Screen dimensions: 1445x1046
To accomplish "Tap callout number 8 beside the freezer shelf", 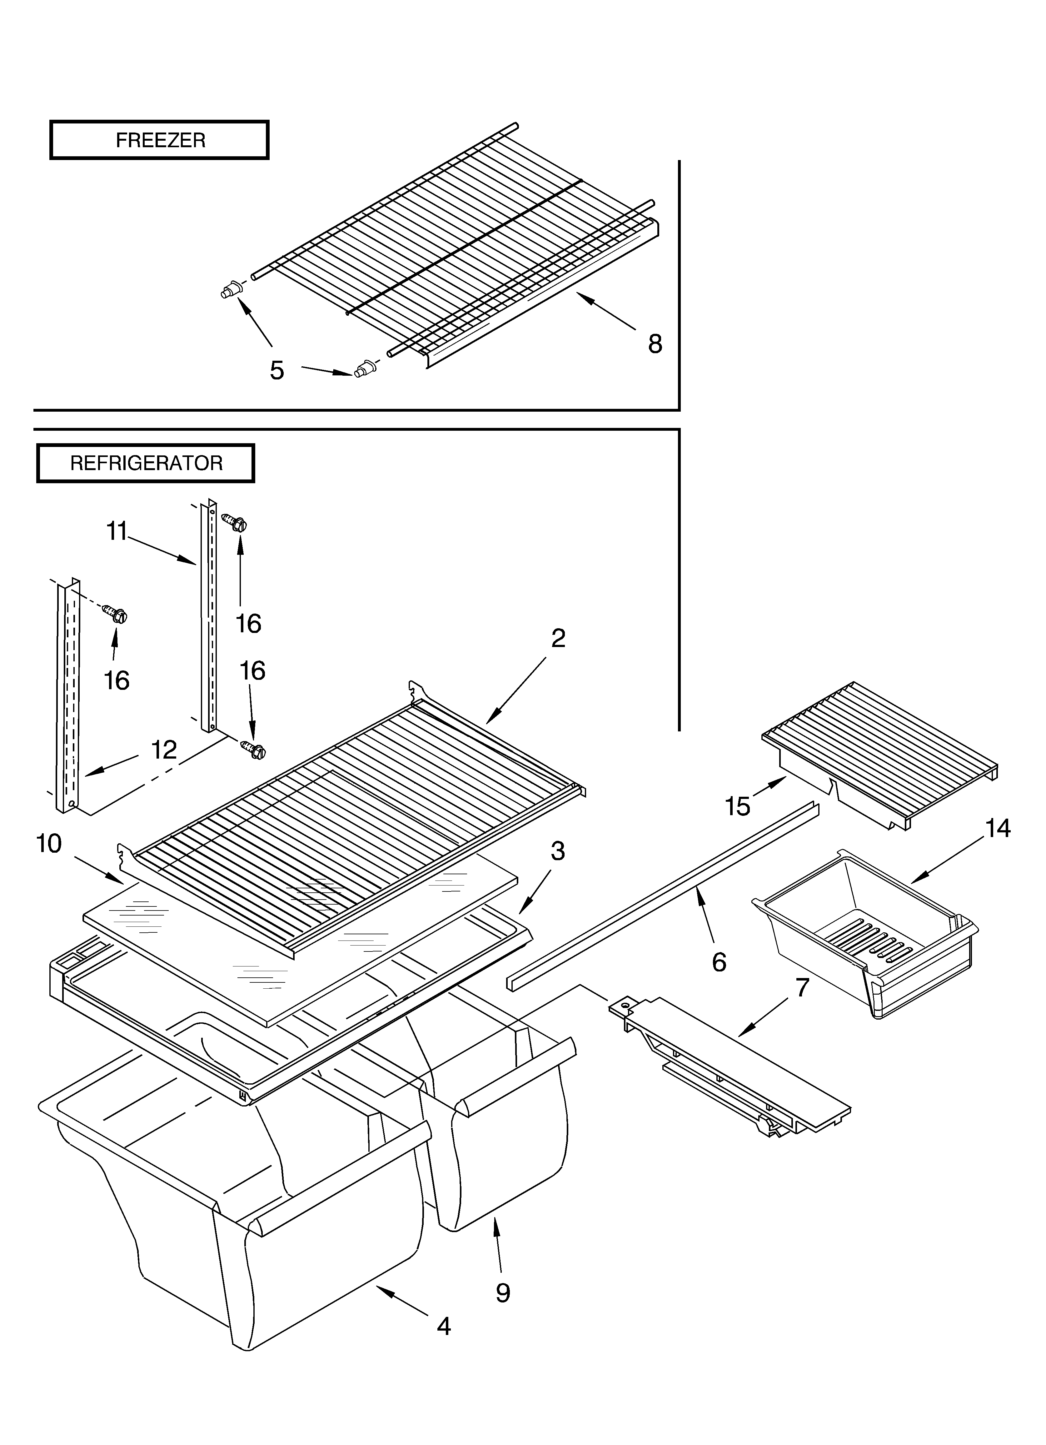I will [655, 344].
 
